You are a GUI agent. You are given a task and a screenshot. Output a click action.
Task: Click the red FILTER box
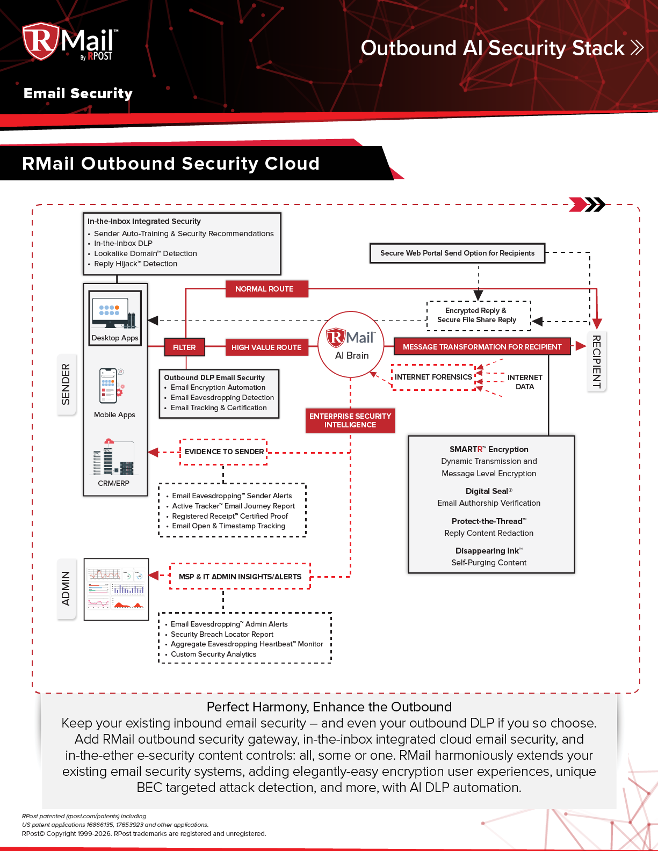coord(184,347)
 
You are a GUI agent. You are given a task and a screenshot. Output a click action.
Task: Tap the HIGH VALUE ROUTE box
coord(267,347)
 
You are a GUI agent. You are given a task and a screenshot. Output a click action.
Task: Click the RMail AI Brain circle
coord(351,344)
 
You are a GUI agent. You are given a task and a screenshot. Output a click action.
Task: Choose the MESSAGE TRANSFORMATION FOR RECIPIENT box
coord(482,347)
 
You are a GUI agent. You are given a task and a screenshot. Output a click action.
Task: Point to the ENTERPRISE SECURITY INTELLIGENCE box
coord(350,420)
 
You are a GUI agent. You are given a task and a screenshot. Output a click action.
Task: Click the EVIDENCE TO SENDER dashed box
coord(223,452)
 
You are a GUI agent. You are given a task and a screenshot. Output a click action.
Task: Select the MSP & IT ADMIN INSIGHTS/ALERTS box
coord(240,577)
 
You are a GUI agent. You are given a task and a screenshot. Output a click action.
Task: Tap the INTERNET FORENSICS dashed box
coord(433,377)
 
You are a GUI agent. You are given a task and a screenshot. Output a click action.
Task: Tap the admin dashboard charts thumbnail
coord(117,589)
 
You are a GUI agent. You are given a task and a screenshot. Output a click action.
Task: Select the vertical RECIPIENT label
coord(596,361)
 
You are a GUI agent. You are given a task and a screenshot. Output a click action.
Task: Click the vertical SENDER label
coord(66,384)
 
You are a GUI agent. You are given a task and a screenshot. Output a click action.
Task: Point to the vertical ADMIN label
coord(66,588)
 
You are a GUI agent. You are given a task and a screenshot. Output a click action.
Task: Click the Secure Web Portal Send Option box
coord(457,253)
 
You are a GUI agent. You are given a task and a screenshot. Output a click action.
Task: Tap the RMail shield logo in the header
coord(41,41)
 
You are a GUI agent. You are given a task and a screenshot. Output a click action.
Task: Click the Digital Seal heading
coord(488,491)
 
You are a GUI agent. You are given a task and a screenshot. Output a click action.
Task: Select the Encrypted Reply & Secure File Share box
coord(478,315)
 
